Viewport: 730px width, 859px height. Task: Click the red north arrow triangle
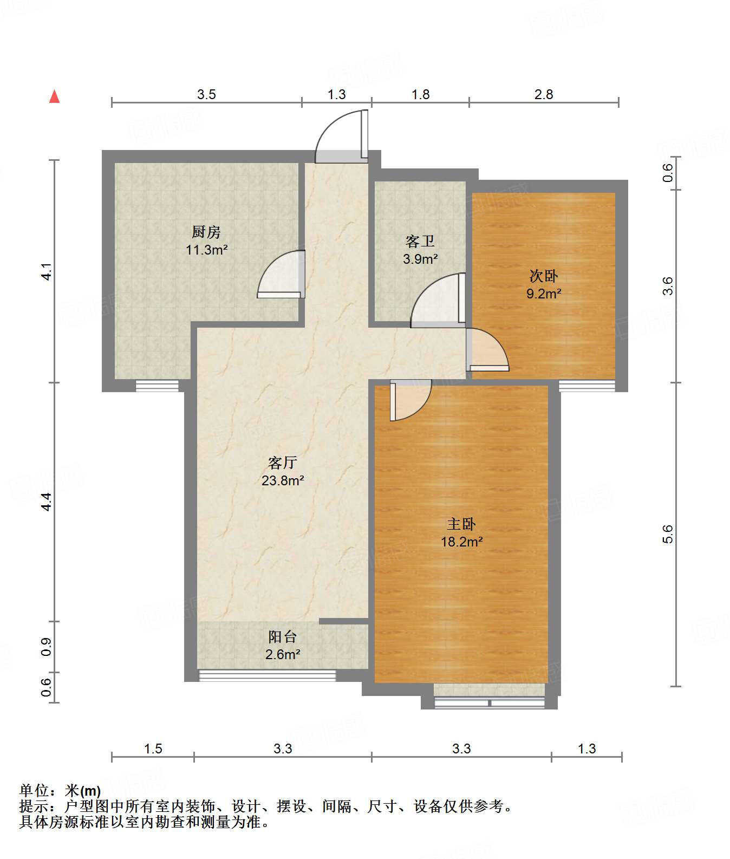(x=54, y=96)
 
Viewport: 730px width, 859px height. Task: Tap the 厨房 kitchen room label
(x=206, y=232)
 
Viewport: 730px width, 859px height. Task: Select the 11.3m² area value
(x=206, y=250)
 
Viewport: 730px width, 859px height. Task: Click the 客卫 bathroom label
(x=420, y=241)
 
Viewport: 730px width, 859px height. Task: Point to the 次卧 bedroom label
(x=544, y=276)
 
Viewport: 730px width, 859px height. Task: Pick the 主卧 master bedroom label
(x=461, y=524)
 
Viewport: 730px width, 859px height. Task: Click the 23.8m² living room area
(x=283, y=480)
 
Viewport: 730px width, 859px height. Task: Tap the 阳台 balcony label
(x=283, y=637)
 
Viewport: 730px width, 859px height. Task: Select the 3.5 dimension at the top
(x=206, y=94)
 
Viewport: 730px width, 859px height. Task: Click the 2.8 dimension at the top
(x=544, y=94)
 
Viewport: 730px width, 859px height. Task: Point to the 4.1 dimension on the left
(x=47, y=271)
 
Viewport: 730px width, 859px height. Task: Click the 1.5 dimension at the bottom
(x=153, y=749)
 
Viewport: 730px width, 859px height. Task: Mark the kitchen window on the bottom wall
(x=157, y=386)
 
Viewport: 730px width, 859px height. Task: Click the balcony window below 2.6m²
(x=268, y=675)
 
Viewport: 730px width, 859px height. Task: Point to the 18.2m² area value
(x=461, y=542)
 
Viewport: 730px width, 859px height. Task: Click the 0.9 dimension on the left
(x=47, y=647)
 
